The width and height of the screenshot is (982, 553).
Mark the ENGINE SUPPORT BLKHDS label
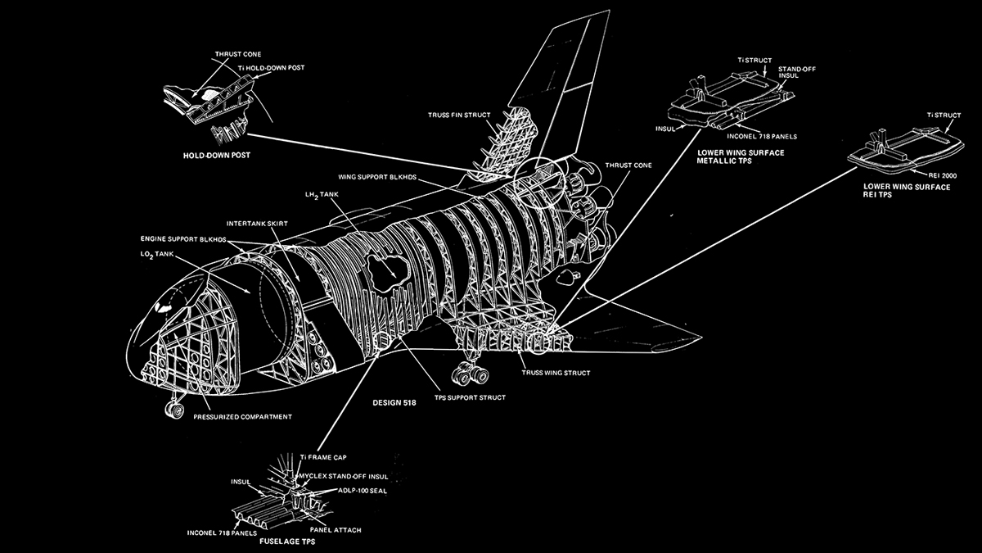coord(182,238)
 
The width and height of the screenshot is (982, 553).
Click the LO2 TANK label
coord(160,254)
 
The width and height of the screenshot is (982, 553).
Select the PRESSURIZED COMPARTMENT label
coord(242,416)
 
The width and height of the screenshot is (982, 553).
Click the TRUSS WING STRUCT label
coord(556,373)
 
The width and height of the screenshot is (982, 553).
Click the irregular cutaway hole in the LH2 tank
coord(386,266)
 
